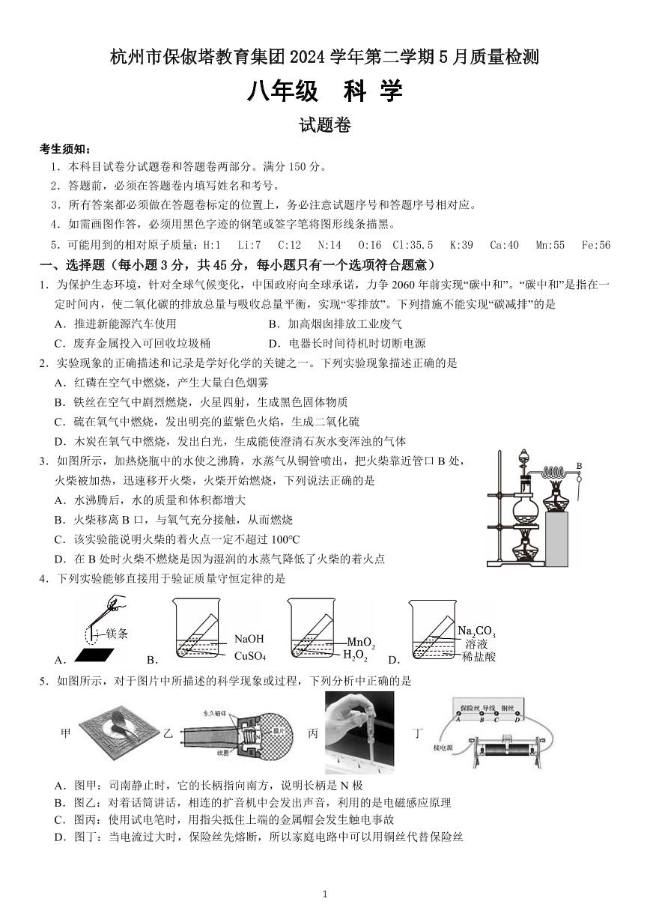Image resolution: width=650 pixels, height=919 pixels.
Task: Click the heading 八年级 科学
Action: click(x=325, y=91)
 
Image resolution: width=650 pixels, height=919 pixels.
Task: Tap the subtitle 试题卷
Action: click(x=325, y=127)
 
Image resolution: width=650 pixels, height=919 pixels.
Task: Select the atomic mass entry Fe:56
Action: click(x=595, y=245)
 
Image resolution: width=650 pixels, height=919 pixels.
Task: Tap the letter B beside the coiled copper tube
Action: click(x=579, y=466)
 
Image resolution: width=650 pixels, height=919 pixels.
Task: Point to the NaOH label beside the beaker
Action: click(x=249, y=639)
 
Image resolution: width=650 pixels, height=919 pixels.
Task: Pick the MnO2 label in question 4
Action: click(x=360, y=643)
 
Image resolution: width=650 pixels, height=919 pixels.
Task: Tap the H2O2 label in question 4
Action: click(x=355, y=656)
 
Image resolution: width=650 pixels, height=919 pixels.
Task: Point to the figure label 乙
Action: click(x=168, y=734)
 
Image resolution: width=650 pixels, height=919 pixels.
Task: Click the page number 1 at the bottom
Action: click(x=325, y=894)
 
